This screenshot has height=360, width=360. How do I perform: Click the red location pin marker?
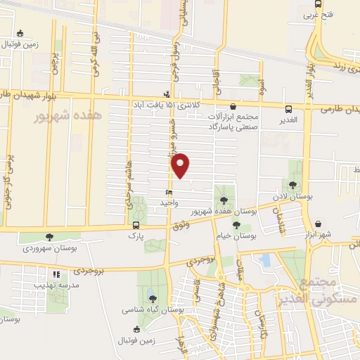click(181, 165)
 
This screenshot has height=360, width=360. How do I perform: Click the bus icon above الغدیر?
click(289, 109)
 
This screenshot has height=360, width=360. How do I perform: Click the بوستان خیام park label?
click(237, 237)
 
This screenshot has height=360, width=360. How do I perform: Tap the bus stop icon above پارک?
click(136, 226)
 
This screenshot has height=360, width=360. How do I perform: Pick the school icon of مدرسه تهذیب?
click(56, 274)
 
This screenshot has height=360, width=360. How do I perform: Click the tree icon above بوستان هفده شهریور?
click(224, 201)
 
